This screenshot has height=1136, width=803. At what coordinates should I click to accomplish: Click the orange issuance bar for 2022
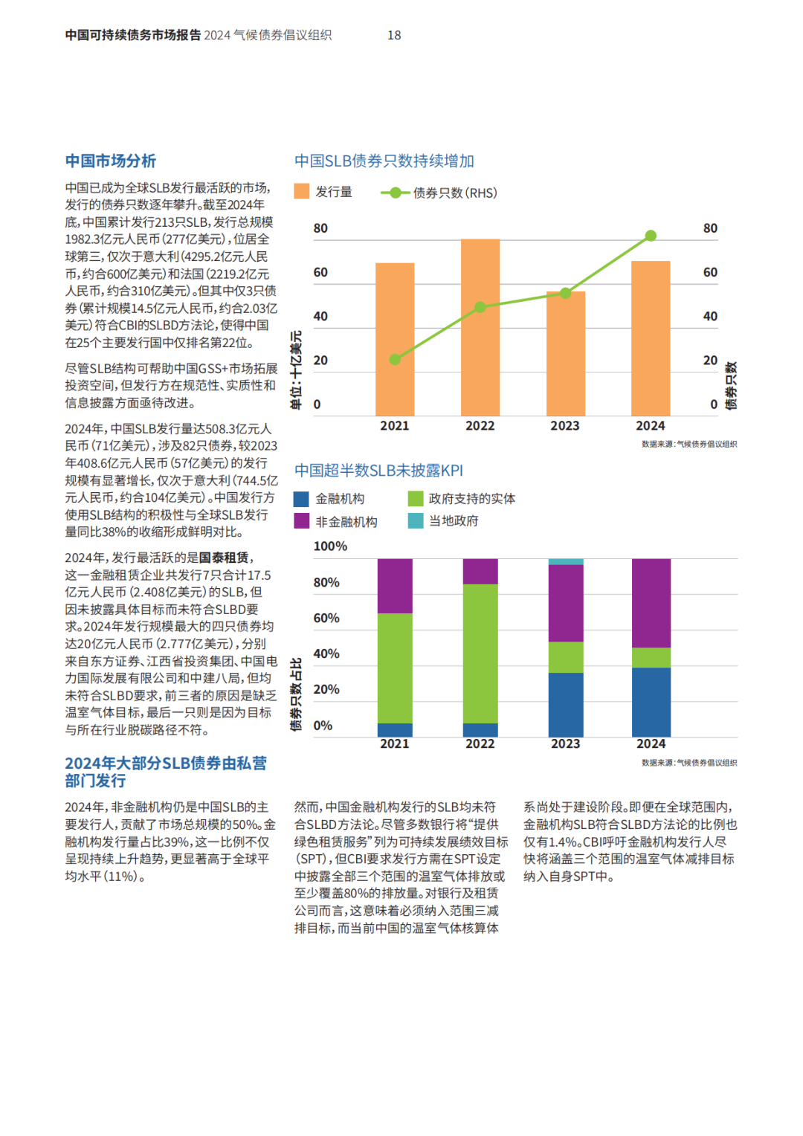tap(480, 327)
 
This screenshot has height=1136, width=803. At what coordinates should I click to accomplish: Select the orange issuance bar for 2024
tap(651, 338)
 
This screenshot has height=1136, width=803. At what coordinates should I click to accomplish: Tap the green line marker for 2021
tap(395, 359)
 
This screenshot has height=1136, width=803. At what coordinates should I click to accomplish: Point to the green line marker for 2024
tap(651, 236)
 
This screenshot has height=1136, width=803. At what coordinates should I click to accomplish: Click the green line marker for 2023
tap(566, 293)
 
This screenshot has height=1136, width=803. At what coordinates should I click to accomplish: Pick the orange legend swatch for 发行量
tap(301, 191)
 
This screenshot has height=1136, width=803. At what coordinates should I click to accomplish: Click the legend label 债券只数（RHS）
tap(455, 193)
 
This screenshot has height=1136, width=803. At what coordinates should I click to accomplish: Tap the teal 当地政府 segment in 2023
tap(566, 561)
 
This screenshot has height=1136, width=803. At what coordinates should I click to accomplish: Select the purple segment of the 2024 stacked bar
tap(651, 603)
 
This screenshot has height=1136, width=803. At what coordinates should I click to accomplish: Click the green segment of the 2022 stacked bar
tap(480, 653)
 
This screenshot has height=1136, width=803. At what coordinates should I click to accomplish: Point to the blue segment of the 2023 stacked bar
tap(566, 705)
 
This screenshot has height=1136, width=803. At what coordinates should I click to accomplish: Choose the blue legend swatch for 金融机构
tap(301, 499)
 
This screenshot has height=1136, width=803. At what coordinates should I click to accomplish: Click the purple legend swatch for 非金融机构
tap(301, 521)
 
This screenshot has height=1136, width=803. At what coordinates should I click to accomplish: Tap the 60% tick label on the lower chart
tap(326, 618)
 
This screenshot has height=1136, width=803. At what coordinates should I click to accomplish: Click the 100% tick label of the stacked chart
tap(330, 546)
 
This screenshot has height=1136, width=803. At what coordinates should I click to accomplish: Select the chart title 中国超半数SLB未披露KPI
tap(378, 471)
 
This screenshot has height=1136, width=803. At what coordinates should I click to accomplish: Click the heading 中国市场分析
tap(111, 161)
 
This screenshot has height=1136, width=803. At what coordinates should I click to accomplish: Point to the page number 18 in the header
tap(394, 35)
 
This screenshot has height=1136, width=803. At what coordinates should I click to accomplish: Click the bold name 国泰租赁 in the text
tap(224, 558)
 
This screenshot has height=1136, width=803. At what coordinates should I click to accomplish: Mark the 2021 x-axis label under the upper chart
tap(395, 425)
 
